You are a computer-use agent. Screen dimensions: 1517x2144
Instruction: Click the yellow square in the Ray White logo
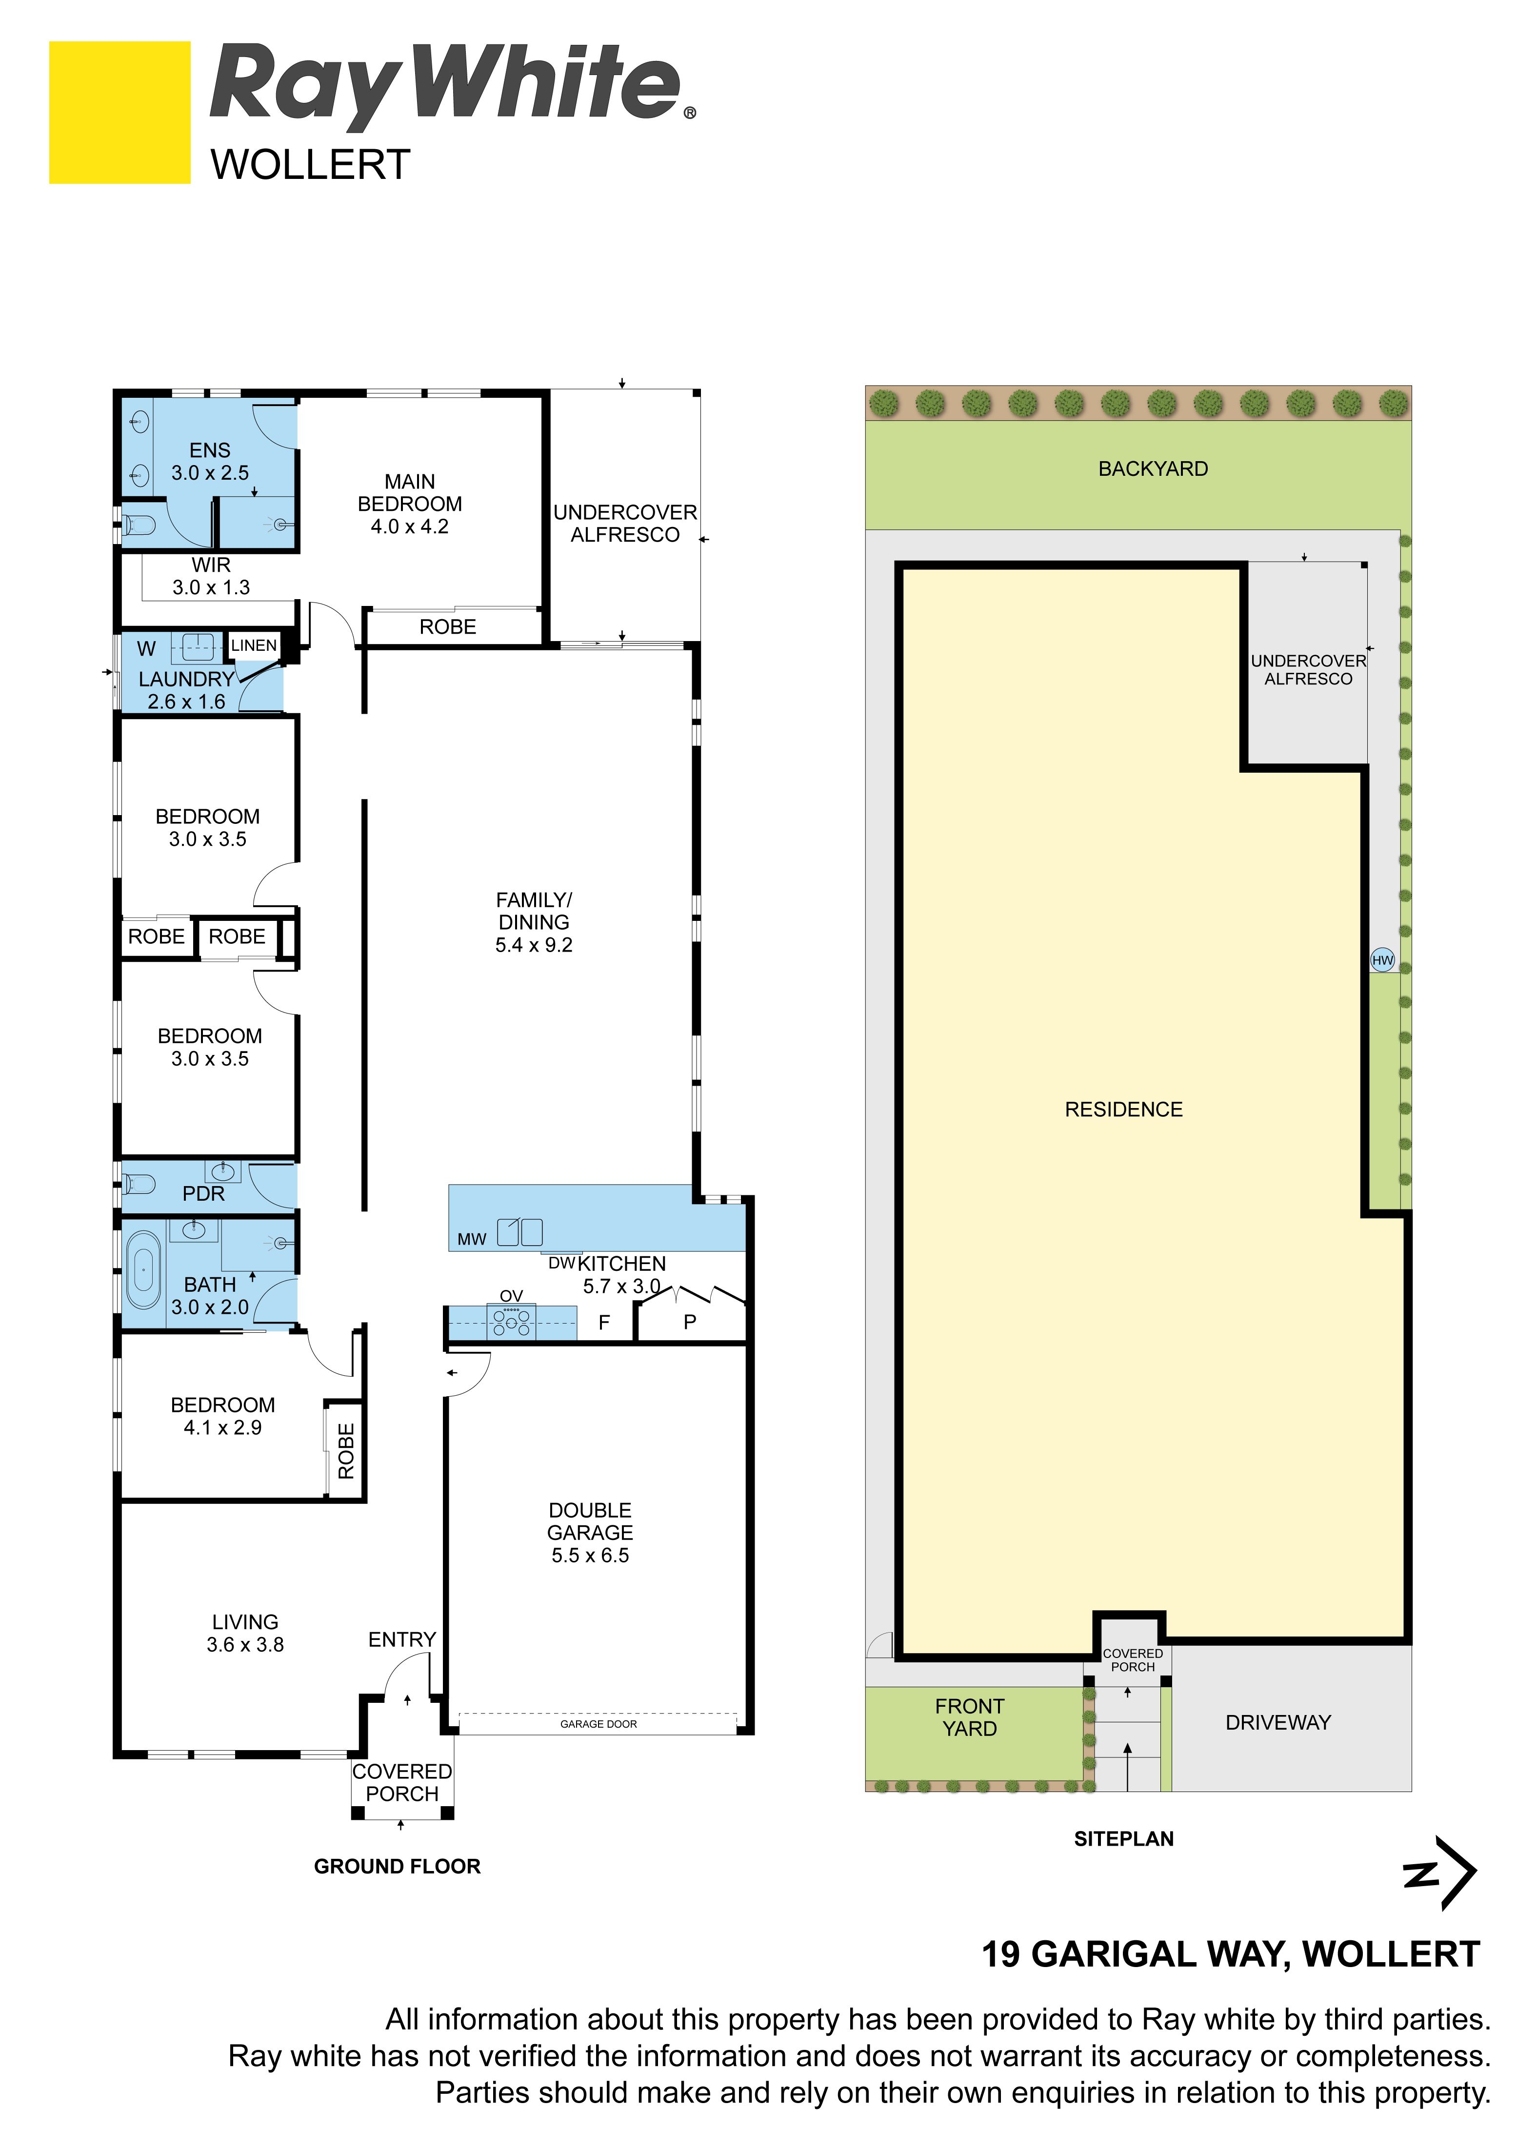pos(120,112)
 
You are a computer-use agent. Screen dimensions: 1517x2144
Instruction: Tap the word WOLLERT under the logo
pos(310,165)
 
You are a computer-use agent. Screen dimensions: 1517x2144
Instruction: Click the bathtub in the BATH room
pos(143,1270)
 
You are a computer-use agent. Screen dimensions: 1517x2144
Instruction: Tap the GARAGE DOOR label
pos(599,1724)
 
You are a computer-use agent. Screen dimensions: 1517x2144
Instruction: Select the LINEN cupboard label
pos(254,645)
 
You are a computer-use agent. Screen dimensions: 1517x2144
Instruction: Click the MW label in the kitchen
pos(472,1239)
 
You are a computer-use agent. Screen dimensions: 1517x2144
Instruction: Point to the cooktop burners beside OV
pos(512,1321)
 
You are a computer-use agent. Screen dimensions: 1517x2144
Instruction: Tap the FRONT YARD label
pos(970,1717)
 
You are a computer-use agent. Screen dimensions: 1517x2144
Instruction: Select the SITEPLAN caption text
pos(1124,1839)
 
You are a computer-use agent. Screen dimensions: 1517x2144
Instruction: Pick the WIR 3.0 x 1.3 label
pos(211,576)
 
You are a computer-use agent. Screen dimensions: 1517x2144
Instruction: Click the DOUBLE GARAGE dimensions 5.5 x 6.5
pos(590,1556)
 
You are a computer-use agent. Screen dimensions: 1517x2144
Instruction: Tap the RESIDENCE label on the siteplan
pos(1124,1110)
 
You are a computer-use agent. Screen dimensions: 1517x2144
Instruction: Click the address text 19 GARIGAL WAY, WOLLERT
pos(1230,1954)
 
